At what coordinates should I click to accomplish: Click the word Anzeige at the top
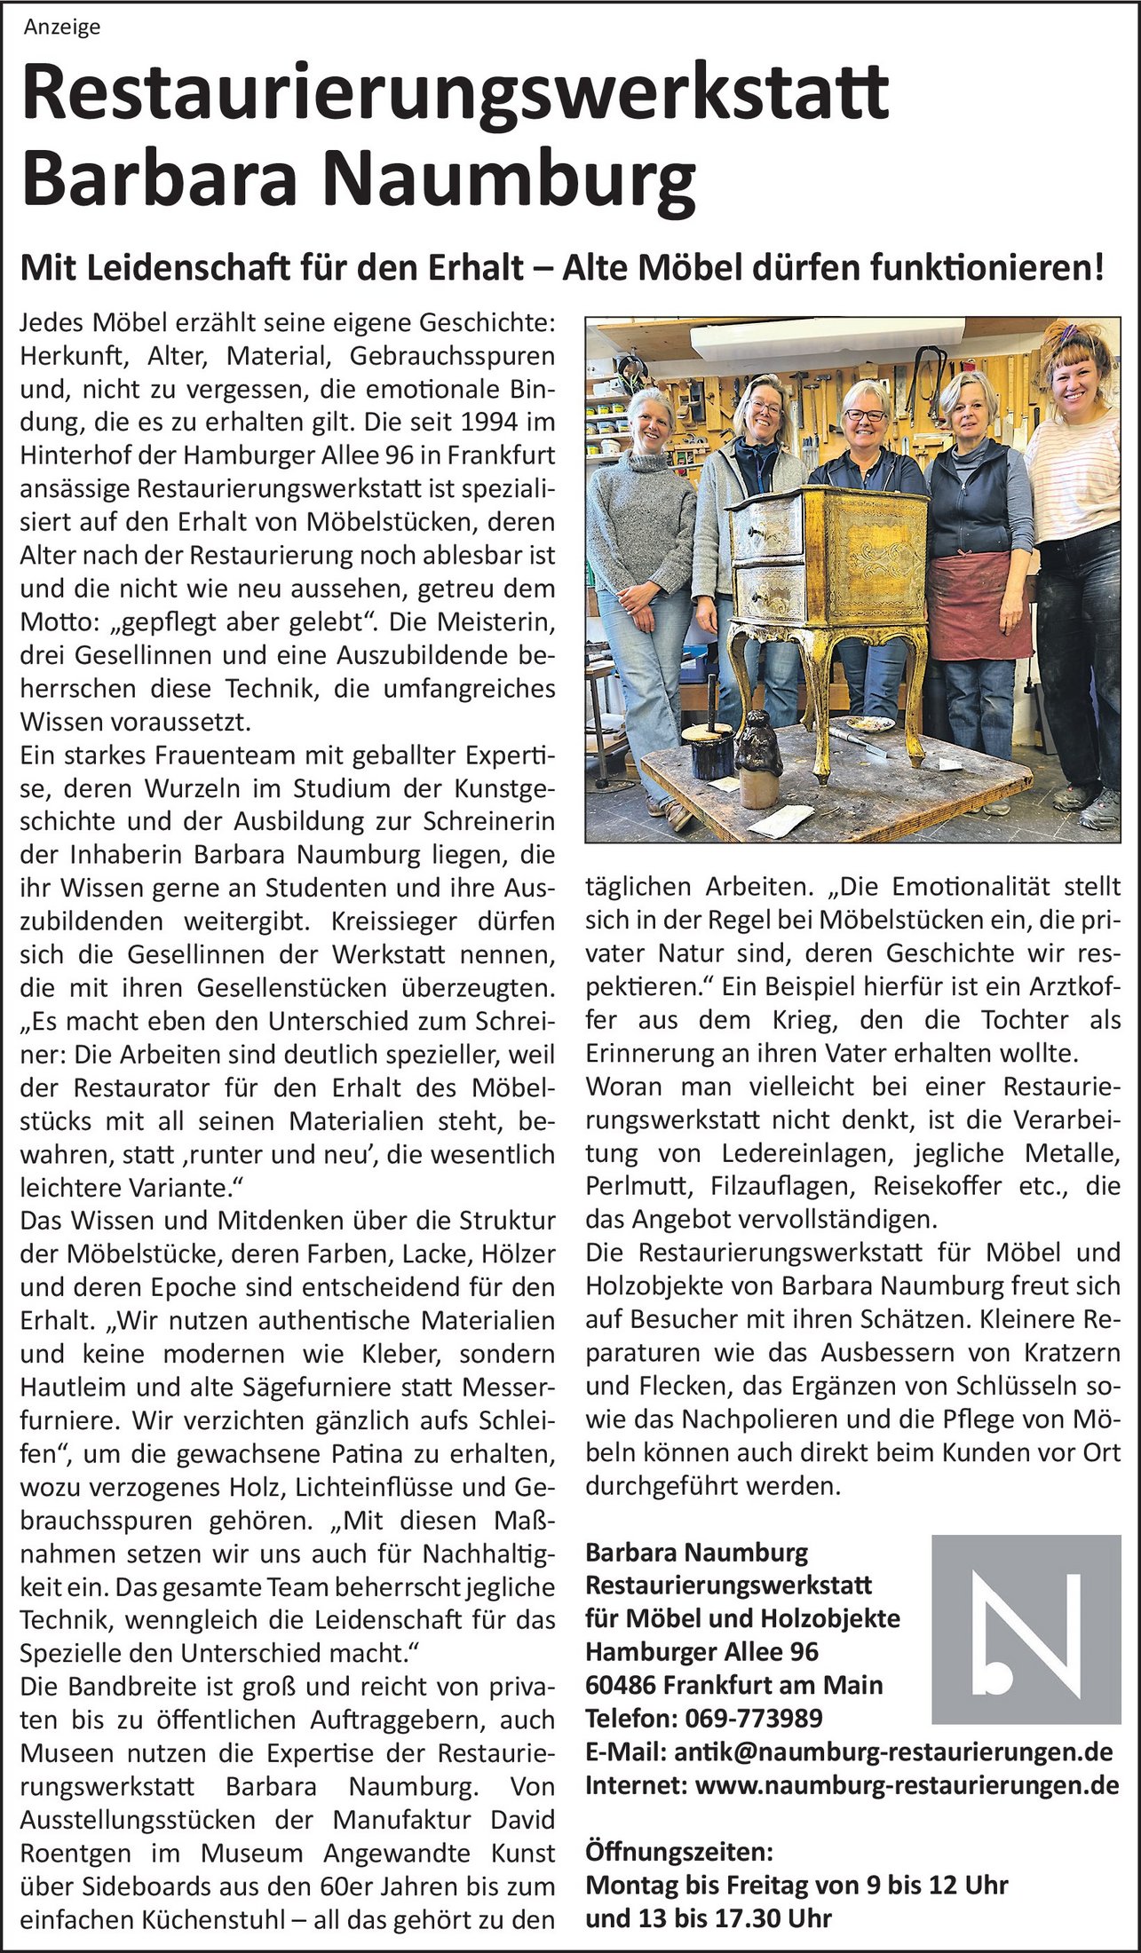pyautogui.click(x=62, y=28)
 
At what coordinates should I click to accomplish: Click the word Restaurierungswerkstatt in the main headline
pyautogui.click(x=455, y=94)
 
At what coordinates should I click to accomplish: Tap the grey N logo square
pyautogui.click(x=1026, y=1629)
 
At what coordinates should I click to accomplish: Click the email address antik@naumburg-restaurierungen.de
pyautogui.click(x=893, y=1752)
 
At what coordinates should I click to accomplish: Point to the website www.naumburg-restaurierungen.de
pyautogui.click(x=907, y=1785)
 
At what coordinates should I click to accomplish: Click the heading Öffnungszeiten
pyautogui.click(x=679, y=1852)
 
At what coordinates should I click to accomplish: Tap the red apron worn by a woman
pyautogui.click(x=979, y=603)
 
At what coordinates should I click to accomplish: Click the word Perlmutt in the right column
pyautogui.click(x=637, y=1186)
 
